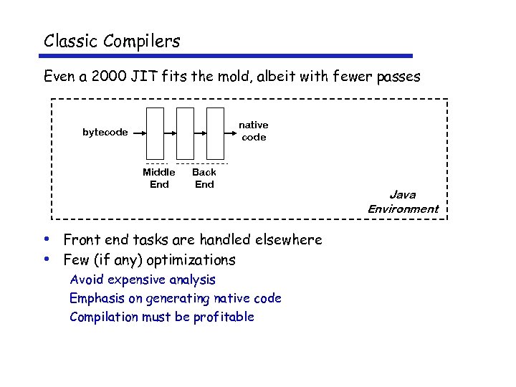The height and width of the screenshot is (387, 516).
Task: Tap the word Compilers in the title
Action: coord(141,42)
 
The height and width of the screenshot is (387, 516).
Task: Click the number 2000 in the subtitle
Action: coord(112,76)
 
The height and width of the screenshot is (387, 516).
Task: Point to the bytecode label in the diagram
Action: coord(105,132)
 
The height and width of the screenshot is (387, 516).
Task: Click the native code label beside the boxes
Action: coord(254,131)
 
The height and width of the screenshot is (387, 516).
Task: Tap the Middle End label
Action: coord(159,178)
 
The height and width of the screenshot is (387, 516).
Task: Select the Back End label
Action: coord(204,178)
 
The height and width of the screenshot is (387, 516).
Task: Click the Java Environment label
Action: coord(403,201)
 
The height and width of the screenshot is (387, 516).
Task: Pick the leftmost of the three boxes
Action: coord(155,133)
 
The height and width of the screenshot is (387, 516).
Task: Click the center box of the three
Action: coord(185,133)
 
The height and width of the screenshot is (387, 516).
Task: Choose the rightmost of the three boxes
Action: coord(215,133)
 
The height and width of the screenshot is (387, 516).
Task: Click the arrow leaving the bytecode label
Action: coord(138,133)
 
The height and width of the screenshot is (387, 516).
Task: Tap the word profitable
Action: coord(224,317)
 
